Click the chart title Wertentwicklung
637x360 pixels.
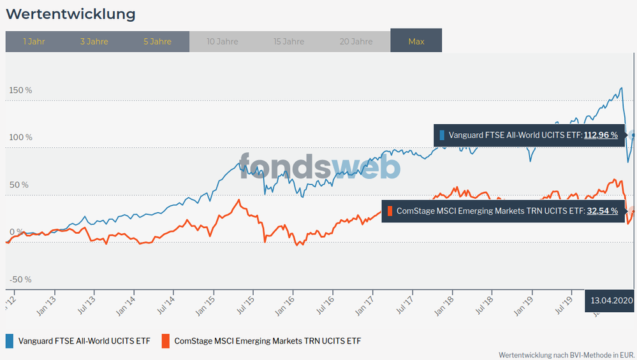point(71,13)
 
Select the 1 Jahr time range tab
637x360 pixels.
point(34,41)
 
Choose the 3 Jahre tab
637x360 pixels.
point(94,41)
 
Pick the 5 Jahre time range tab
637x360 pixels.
point(157,41)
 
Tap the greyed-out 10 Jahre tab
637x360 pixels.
point(223,41)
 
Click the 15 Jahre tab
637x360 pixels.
point(289,41)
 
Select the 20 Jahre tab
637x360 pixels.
point(356,41)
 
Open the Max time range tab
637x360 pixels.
point(416,41)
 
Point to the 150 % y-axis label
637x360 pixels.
point(20,90)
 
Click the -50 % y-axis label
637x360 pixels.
point(20,280)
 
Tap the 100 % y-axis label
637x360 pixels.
point(20,137)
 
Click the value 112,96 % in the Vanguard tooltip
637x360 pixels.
point(601,135)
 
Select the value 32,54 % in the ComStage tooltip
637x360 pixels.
point(602,210)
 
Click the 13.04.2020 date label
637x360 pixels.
point(611,299)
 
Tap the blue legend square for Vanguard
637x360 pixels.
point(10,340)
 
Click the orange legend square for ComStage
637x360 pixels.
point(166,340)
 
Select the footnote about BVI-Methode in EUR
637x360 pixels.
point(567,354)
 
